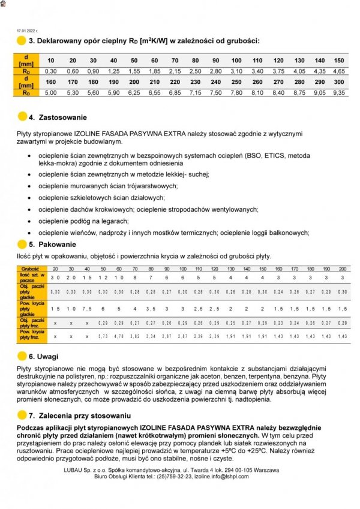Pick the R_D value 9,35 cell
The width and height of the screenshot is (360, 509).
tap(339, 93)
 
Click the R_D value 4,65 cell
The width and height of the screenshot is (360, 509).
tap(339, 71)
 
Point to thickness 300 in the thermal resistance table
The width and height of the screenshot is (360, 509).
tap(339, 82)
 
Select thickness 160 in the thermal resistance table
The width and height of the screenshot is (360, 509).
tap(51, 82)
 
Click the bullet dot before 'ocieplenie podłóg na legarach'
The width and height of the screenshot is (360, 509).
tap(31, 221)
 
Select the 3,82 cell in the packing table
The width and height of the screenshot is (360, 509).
tap(135, 337)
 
